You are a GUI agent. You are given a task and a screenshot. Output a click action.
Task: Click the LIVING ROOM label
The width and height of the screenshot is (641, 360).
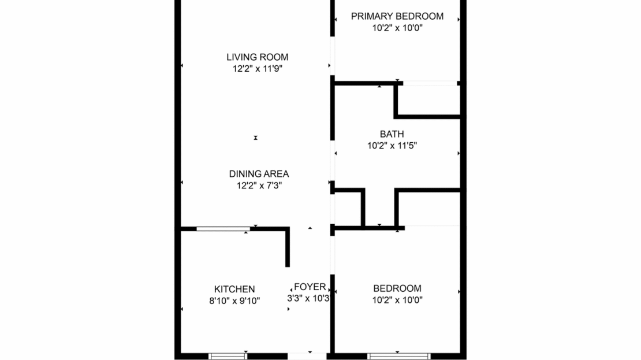click(257, 57)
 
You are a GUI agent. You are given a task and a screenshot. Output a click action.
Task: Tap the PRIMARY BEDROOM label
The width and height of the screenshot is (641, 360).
click(397, 16)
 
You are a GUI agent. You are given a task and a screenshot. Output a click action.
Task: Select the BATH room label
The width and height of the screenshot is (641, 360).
click(392, 134)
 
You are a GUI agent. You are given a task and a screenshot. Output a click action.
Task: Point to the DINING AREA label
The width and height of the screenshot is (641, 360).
click(259, 173)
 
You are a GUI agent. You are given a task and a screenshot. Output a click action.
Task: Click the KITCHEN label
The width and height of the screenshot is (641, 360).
click(234, 289)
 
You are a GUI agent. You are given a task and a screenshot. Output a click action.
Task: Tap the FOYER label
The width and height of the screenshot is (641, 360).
click(310, 287)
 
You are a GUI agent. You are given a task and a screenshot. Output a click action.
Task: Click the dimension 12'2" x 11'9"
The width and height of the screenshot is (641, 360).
click(257, 69)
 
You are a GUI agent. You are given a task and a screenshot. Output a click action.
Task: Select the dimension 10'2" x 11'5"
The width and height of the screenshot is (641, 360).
click(392, 146)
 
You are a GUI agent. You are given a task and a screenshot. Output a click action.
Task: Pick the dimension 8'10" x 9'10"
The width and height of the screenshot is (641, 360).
click(234, 300)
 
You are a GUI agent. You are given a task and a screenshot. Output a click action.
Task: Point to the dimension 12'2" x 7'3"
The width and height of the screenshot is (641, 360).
click(259, 185)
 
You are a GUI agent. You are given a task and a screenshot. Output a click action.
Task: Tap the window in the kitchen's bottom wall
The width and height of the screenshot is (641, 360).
click(228, 356)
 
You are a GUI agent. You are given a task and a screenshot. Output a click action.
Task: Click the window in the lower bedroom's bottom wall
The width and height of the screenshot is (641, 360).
click(398, 356)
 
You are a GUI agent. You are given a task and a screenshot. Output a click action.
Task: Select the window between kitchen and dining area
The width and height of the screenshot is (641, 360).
click(223, 229)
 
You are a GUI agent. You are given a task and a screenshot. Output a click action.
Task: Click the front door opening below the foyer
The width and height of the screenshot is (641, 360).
click(309, 355)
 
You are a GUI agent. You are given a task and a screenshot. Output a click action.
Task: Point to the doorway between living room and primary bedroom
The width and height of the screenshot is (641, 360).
click(332, 55)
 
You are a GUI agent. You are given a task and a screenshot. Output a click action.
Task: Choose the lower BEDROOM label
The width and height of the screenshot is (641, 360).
click(397, 288)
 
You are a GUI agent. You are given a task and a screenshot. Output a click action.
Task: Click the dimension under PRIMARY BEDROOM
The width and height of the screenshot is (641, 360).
click(397, 28)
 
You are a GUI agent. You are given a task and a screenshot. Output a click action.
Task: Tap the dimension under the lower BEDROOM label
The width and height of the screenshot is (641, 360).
click(397, 300)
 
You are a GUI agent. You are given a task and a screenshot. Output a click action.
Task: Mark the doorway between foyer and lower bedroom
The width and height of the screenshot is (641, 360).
click(332, 260)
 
